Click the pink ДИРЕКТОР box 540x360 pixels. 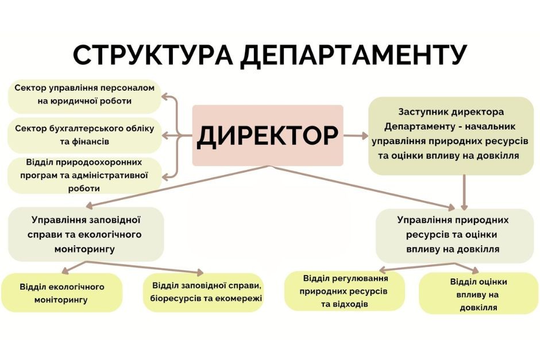coord(268,136)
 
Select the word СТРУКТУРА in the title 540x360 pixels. coord(153,55)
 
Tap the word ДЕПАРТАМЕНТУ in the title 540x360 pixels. coord(353,55)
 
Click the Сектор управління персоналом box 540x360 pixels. coord(84,96)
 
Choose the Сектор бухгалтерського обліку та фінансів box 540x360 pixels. coord(84,135)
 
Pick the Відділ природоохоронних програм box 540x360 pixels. coord(84,175)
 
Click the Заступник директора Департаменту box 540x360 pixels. coord(451,136)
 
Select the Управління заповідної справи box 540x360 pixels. coord(86,234)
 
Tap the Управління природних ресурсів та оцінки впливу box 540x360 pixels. coord(454,236)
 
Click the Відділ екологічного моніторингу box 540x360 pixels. coord(61,293)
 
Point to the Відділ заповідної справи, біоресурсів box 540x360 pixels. coord(203,293)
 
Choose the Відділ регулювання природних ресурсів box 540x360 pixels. coord(344,291)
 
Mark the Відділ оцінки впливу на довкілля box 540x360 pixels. coord(479,293)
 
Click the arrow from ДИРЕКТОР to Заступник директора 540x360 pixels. coord(356,136)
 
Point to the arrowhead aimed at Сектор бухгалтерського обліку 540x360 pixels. coord(165,136)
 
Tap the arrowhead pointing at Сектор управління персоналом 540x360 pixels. coord(165,96)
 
